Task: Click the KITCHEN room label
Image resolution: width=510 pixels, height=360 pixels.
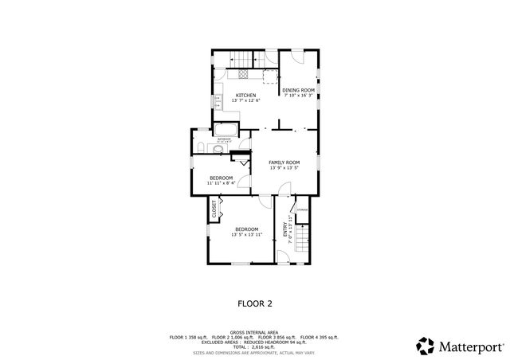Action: click(245, 96)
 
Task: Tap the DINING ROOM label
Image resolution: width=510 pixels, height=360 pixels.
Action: click(299, 91)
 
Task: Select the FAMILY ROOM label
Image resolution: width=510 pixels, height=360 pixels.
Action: click(284, 162)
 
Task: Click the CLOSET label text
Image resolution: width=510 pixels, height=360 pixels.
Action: click(214, 209)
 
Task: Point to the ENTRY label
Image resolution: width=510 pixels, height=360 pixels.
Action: click(285, 229)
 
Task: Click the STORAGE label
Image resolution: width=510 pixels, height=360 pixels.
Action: click(302, 209)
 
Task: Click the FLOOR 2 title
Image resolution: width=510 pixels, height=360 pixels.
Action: click(255, 303)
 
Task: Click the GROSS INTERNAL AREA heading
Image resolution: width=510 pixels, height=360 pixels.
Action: click(254, 332)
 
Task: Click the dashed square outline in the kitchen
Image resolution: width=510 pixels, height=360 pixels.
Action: click(271, 76)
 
